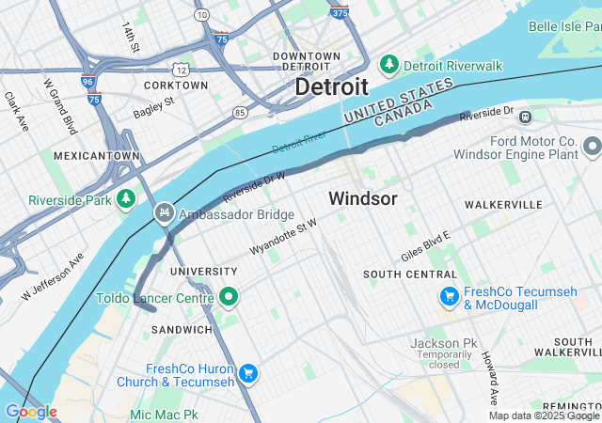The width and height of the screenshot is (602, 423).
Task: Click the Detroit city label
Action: (331, 86)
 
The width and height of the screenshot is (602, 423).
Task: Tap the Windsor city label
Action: (362, 199)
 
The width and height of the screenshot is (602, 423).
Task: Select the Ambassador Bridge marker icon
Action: (166, 213)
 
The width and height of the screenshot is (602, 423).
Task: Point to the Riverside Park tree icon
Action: (125, 199)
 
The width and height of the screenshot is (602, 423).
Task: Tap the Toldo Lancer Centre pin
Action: (228, 298)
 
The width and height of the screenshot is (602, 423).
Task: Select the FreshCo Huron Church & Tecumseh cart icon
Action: (248, 374)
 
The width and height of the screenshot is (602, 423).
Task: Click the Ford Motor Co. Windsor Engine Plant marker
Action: (592, 147)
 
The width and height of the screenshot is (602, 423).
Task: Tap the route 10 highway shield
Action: (202, 16)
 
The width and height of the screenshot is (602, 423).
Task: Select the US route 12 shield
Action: (181, 70)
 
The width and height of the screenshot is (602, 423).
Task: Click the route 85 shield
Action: (241, 113)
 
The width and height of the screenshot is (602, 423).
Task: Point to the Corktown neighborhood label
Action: (176, 85)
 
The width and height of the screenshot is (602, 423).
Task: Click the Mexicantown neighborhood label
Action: (97, 155)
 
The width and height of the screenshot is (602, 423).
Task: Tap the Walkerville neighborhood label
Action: (503, 204)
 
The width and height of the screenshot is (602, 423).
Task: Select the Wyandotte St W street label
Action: (282, 237)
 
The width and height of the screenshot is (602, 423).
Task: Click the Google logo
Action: (31, 411)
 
